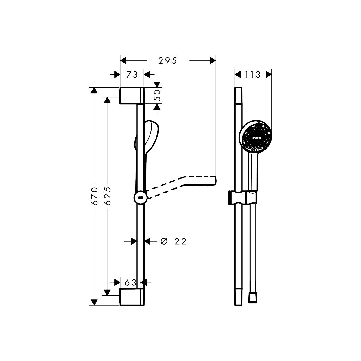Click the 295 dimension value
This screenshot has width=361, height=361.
tap(168, 61)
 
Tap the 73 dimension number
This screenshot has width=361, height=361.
tap(132, 75)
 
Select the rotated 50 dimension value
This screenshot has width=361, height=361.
tap(158, 95)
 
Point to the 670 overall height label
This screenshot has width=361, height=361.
tap(95, 196)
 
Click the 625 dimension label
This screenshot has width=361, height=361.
tap(108, 196)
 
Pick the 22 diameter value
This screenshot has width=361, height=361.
tap(180, 242)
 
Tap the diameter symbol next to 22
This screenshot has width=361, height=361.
tap(164, 242)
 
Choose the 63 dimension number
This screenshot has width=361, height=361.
tap(131, 283)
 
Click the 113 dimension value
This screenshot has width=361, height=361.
tap(252, 75)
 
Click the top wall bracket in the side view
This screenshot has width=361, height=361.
tap(132, 96)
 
